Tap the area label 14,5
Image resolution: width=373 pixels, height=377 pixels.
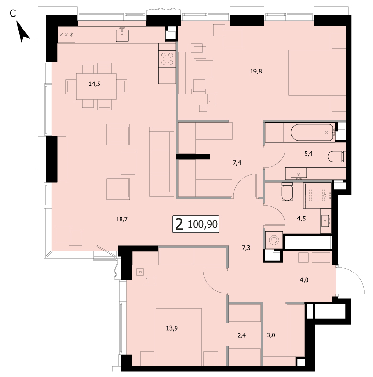point(95,84)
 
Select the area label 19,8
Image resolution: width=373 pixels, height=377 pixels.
point(256,71)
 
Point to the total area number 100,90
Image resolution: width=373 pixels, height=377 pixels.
point(203,224)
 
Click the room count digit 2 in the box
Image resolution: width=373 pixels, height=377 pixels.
point(179,224)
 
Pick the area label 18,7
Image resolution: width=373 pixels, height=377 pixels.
point(121,219)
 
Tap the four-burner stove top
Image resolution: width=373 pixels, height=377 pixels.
point(167,59)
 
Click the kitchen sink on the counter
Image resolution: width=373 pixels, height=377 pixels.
point(122,34)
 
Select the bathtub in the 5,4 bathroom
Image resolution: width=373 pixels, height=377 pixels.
point(313,133)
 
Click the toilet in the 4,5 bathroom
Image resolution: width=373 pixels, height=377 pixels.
point(287,192)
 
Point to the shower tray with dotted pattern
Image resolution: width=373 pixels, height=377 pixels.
point(317,196)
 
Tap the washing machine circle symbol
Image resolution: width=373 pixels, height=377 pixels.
point(274,240)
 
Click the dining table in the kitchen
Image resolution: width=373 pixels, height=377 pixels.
point(97,86)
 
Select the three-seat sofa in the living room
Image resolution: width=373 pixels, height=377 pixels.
point(162,162)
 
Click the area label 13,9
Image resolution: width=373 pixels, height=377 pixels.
point(172,328)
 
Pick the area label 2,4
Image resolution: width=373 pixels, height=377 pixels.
point(241,335)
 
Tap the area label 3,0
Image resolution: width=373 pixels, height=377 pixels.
point(271,335)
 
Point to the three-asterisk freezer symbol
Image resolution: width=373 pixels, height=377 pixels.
point(66,35)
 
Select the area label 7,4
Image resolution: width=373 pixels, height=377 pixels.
point(237,163)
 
